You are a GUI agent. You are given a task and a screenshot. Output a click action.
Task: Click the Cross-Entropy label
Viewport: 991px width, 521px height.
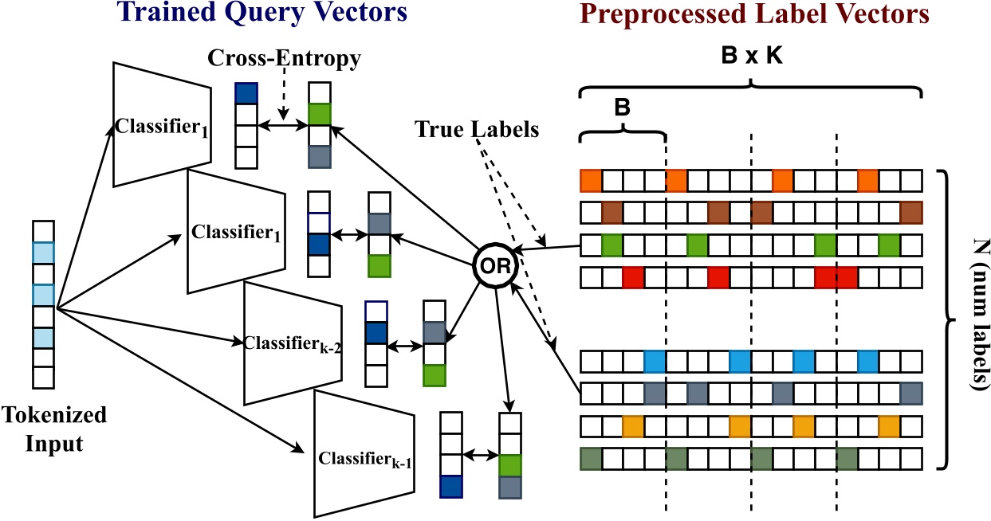click(284, 58)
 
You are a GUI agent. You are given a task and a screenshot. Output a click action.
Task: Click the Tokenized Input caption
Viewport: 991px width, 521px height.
click(54, 429)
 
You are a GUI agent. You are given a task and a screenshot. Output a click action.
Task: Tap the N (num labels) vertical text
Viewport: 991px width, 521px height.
click(974, 319)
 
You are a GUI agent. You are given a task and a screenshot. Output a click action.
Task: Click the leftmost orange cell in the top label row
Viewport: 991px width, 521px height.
click(590, 181)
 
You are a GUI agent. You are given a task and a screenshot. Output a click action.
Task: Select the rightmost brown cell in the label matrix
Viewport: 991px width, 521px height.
click(910, 213)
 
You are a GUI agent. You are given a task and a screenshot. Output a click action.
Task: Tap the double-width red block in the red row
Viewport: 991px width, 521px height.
click(836, 278)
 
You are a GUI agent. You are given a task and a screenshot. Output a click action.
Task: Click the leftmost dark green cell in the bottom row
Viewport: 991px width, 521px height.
click(590, 460)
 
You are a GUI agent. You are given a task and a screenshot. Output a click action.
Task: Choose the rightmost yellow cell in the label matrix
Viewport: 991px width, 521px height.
click(889, 426)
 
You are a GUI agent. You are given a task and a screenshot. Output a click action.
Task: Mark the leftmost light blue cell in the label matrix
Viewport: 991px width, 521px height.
click(655, 361)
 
